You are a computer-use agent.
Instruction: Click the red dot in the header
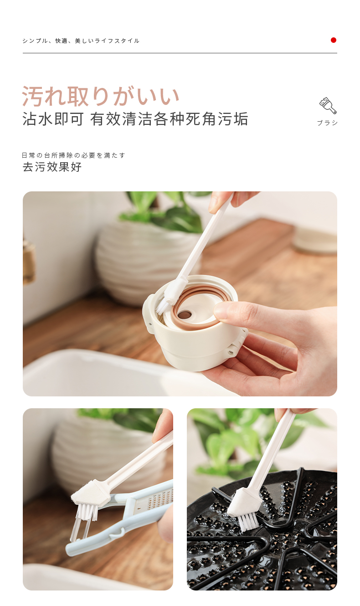(333, 40)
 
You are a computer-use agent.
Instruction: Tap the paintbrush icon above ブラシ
(328, 106)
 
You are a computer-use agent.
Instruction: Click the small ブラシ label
(327, 123)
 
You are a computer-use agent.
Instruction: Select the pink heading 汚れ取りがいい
(101, 96)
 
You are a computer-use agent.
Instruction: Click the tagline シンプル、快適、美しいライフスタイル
(81, 41)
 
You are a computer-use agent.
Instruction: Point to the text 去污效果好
(52, 167)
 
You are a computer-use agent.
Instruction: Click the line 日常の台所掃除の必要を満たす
(73, 155)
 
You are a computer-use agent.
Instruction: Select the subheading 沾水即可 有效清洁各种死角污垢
(135, 119)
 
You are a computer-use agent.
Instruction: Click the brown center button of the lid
(185, 315)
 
